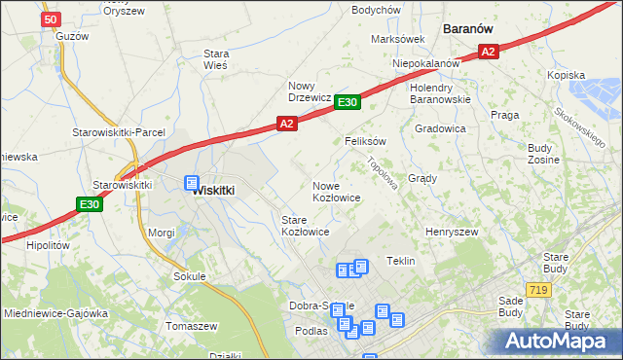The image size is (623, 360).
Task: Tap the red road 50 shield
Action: (53, 18)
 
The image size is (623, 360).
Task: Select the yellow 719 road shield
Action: (536, 290)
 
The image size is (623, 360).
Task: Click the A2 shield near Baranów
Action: (489, 53)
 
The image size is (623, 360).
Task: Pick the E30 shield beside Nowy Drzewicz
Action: (348, 101)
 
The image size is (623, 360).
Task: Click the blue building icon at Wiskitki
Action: (192, 182)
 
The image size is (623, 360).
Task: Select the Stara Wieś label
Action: (215, 59)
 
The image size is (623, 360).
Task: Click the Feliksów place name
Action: (366, 141)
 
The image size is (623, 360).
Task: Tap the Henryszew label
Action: (452, 233)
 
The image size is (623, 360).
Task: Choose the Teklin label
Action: (401, 261)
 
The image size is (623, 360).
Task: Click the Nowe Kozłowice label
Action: (337, 192)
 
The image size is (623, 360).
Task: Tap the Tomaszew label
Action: (191, 326)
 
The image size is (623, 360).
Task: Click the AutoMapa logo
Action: (558, 342)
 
